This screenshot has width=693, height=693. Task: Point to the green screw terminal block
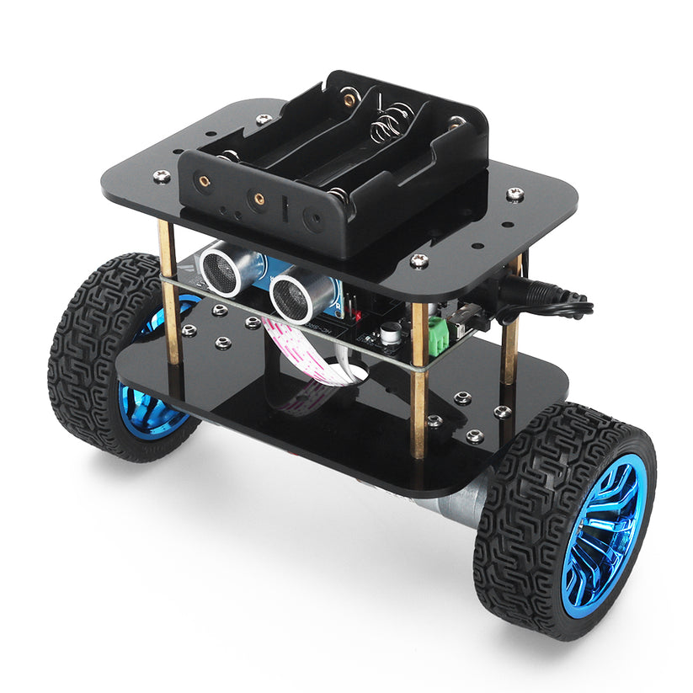pyautogui.click(x=439, y=335)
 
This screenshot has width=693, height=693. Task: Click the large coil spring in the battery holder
pyautogui.click(x=390, y=126)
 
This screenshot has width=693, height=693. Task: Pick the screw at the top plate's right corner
pyautogui.click(x=515, y=195)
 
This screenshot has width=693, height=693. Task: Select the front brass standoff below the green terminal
pyautogui.click(x=418, y=396)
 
